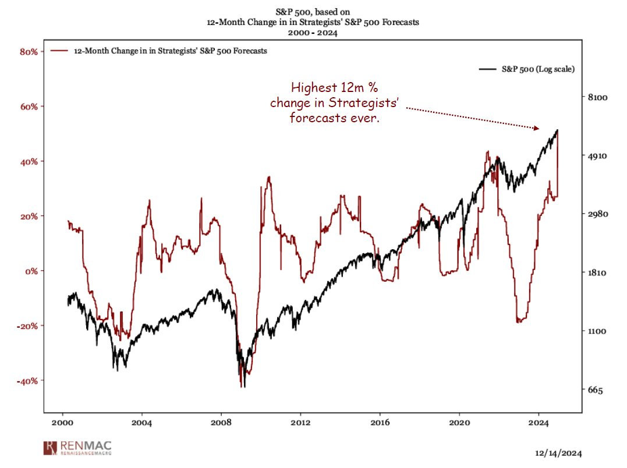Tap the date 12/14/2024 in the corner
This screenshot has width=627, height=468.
[x=558, y=453]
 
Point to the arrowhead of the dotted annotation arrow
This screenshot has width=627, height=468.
[x=537, y=128]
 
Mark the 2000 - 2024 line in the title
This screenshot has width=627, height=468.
[x=313, y=33]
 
